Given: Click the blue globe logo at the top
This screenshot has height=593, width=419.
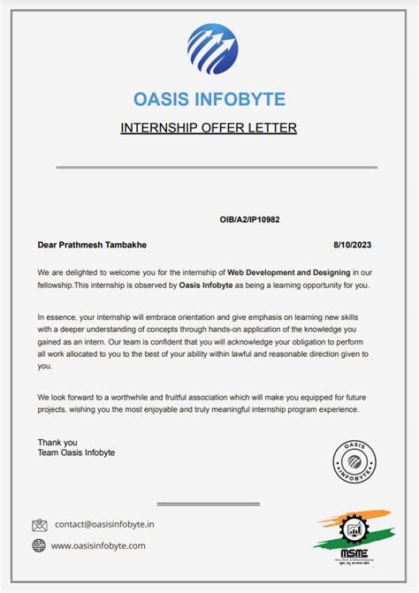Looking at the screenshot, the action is (212, 49).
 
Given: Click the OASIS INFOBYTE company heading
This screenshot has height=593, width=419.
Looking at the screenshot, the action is (209, 98).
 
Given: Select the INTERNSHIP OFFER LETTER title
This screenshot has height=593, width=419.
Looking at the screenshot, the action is (209, 128).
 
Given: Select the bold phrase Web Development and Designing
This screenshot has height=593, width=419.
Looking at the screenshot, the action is (289, 272).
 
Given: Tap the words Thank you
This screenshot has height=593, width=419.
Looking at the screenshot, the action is (57, 442).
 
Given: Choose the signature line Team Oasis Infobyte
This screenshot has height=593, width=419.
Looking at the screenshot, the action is (76, 453).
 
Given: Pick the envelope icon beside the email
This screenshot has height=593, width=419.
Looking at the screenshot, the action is (39, 525).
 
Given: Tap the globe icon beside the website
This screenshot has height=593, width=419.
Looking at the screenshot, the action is (39, 545).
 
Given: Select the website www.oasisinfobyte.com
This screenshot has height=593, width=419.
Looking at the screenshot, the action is (98, 545).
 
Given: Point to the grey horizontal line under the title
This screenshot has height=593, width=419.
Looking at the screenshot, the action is (217, 167).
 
